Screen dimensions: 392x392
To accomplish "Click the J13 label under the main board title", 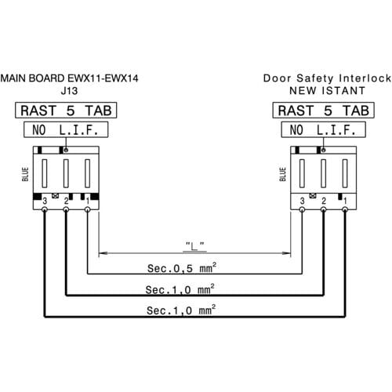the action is click(x=69, y=91).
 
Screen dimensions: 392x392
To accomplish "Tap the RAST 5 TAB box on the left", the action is click(x=66, y=111).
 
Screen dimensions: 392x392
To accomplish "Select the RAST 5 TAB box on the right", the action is click(x=324, y=111).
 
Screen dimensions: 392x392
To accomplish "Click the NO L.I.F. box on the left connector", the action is click(x=66, y=129).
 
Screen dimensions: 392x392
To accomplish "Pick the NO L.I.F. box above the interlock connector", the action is click(x=324, y=129).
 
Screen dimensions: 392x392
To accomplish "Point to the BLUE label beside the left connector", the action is click(x=25, y=174).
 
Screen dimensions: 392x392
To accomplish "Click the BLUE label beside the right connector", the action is click(x=283, y=174).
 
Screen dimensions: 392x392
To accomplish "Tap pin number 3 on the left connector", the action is click(x=45, y=201).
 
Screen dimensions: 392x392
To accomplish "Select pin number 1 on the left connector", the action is click(x=88, y=201).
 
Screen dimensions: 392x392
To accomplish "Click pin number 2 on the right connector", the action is click(x=324, y=201).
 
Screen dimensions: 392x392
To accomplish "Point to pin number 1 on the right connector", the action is click(x=345, y=201).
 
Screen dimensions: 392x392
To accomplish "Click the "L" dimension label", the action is click(x=194, y=246).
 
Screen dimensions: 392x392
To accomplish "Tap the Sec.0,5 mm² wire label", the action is click(x=182, y=268).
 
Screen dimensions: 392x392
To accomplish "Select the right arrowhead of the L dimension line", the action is click(x=286, y=253).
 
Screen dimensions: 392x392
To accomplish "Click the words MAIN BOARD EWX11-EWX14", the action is click(x=69, y=78).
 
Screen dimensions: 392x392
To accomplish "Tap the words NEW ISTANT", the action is click(x=327, y=91).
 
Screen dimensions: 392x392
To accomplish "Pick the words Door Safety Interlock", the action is click(x=327, y=78).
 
